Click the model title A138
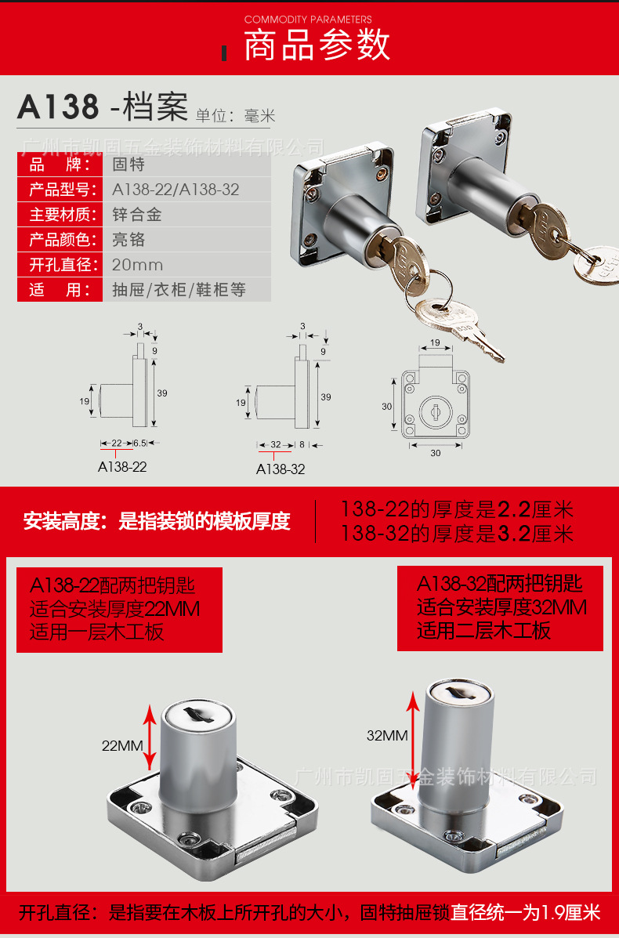59,107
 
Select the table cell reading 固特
129,165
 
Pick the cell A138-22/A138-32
176,190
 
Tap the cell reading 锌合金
137,215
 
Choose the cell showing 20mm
137,265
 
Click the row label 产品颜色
60,240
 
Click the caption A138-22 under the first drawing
122,466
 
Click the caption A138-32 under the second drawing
281,469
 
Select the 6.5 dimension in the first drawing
140,443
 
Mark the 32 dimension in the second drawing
275,444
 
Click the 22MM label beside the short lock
122,745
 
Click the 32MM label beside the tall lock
387,735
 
